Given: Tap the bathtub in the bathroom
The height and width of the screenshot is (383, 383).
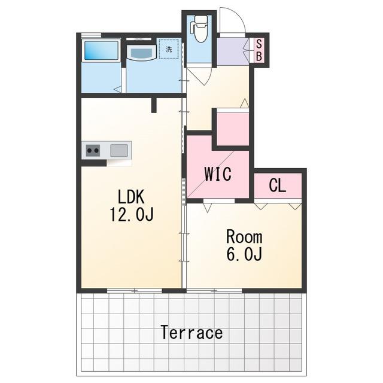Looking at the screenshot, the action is click(x=101, y=50).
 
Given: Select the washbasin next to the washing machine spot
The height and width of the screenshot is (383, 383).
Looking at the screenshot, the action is click(x=141, y=53).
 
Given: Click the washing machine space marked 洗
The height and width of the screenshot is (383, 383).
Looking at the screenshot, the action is click(x=169, y=49).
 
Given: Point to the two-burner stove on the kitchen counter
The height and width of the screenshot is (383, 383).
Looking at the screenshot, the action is click(x=93, y=150).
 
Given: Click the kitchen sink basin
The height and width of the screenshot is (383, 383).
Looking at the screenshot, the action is click(x=119, y=150).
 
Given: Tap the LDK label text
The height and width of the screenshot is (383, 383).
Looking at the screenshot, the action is click(x=131, y=197).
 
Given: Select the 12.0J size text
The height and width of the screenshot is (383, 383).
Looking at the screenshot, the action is click(x=132, y=214).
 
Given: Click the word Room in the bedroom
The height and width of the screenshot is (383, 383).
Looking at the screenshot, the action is click(x=244, y=236).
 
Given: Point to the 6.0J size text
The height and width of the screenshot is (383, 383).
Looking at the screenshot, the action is click(x=244, y=254).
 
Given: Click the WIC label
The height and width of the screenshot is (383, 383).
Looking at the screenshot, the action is click(x=218, y=174).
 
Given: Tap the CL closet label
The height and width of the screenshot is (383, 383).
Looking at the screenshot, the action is click(x=278, y=185).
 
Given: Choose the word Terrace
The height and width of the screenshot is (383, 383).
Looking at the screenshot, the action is click(x=191, y=333).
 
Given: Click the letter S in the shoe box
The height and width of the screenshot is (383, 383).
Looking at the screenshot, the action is click(x=259, y=44).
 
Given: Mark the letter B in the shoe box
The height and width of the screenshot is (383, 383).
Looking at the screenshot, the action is click(x=259, y=56).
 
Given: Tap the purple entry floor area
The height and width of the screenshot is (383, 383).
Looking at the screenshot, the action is click(x=233, y=51).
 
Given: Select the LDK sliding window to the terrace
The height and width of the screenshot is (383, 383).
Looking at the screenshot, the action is click(x=135, y=291).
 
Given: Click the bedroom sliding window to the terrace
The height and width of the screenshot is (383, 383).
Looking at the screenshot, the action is click(x=214, y=291).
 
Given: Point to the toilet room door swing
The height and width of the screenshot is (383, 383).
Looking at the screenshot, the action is click(x=199, y=77).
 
